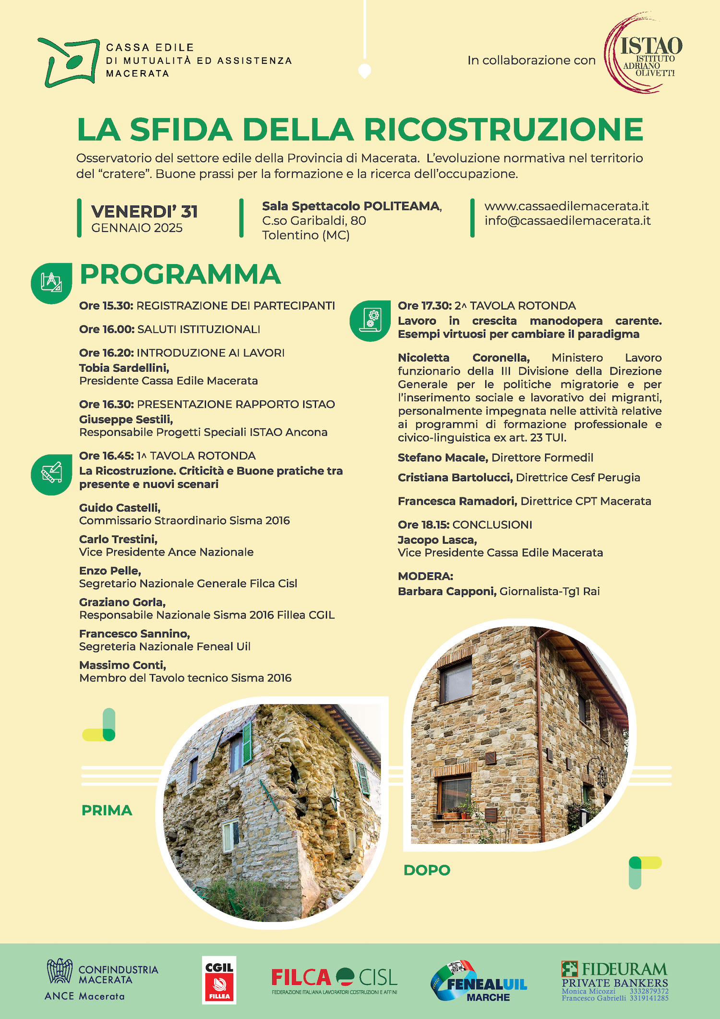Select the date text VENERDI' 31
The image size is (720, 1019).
(144, 212)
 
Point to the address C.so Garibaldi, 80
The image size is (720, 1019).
(314, 221)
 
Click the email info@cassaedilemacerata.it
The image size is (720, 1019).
(567, 221)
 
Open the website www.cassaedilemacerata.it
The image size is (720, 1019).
(566, 206)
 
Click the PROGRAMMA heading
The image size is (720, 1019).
(180, 274)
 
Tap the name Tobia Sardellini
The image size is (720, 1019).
(124, 368)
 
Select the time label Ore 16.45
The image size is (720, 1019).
(106, 456)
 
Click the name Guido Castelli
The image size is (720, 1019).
(120, 508)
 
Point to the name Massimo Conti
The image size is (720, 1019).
(122, 666)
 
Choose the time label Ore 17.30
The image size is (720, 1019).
(425, 306)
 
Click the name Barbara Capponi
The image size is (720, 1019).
(446, 592)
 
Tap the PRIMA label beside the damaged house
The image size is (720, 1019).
(107, 811)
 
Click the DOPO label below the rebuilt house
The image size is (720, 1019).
(427, 870)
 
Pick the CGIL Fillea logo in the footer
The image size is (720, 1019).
(219, 980)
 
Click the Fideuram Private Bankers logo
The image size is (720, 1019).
(615, 981)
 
